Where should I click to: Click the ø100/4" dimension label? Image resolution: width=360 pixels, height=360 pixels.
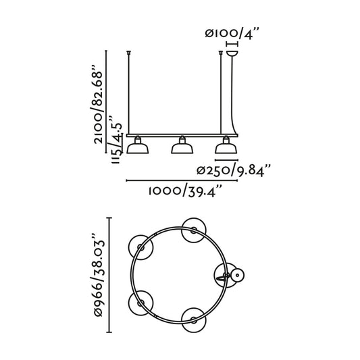232,32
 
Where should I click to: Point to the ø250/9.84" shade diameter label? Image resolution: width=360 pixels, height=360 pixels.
233,169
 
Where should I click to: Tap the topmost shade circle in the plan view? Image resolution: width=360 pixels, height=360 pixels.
194,228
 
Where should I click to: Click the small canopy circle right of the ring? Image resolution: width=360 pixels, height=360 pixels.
237,276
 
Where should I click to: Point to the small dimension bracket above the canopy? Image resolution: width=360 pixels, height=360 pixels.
234,43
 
